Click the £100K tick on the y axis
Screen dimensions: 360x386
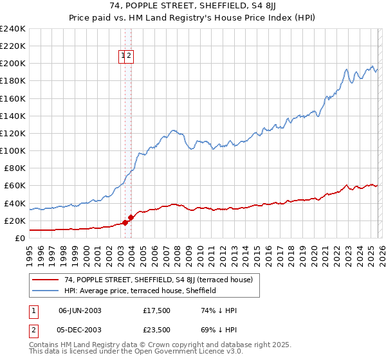pyautogui.click(x=12, y=150)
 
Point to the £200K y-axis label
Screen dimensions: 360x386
pyautogui.click(x=12, y=63)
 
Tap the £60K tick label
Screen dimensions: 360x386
pyautogui.click(x=14, y=186)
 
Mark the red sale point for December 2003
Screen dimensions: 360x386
pyautogui.click(x=131, y=217)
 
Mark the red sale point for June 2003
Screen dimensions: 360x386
pyautogui.click(x=125, y=222)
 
